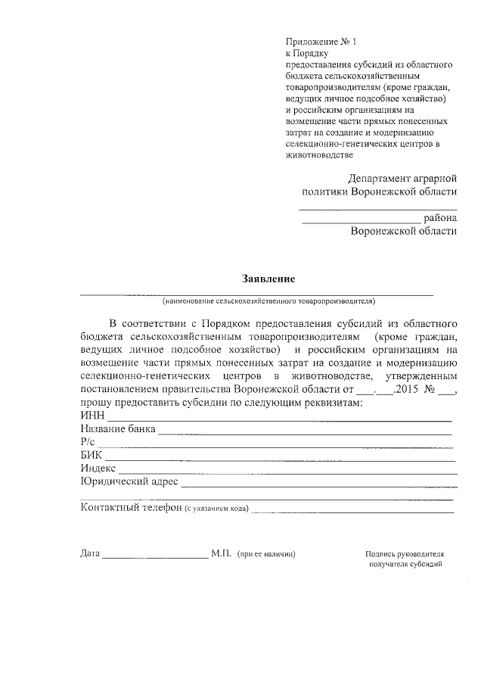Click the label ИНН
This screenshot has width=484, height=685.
[92, 416]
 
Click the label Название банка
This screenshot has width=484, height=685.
[118, 429]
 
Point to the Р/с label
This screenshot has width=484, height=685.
[88, 442]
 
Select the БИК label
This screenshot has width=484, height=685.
[92, 455]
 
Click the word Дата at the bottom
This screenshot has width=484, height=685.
[90, 553]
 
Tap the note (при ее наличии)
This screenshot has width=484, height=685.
[266, 554]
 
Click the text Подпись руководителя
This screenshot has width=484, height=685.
[402, 554]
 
